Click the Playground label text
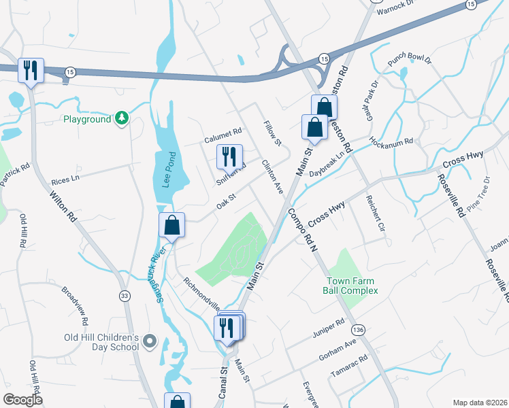click(x=86, y=119)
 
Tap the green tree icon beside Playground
click(x=121, y=118)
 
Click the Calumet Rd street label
click(x=223, y=133)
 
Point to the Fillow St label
click(x=272, y=133)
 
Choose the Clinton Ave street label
click(x=272, y=177)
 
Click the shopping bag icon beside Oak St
click(x=172, y=225)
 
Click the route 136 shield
click(x=359, y=329)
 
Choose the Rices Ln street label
click(x=65, y=180)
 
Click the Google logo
click(x=23, y=399)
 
